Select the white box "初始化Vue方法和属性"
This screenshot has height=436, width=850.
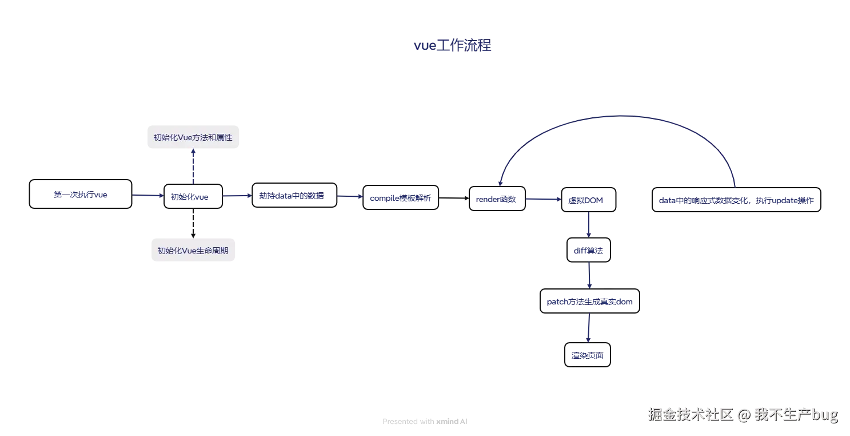[x=194, y=137]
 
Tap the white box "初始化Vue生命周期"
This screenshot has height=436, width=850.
[x=194, y=251]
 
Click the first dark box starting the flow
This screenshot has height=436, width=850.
[x=80, y=195]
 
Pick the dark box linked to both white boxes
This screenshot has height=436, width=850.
[x=191, y=197]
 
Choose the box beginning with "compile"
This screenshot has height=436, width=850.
[x=400, y=198]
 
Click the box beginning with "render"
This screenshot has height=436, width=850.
[x=496, y=200]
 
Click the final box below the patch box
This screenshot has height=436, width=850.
[x=587, y=355]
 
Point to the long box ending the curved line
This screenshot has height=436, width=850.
[x=736, y=200]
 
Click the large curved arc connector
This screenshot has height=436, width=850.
[x=617, y=116]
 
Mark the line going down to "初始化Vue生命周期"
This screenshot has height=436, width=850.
[x=194, y=223]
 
